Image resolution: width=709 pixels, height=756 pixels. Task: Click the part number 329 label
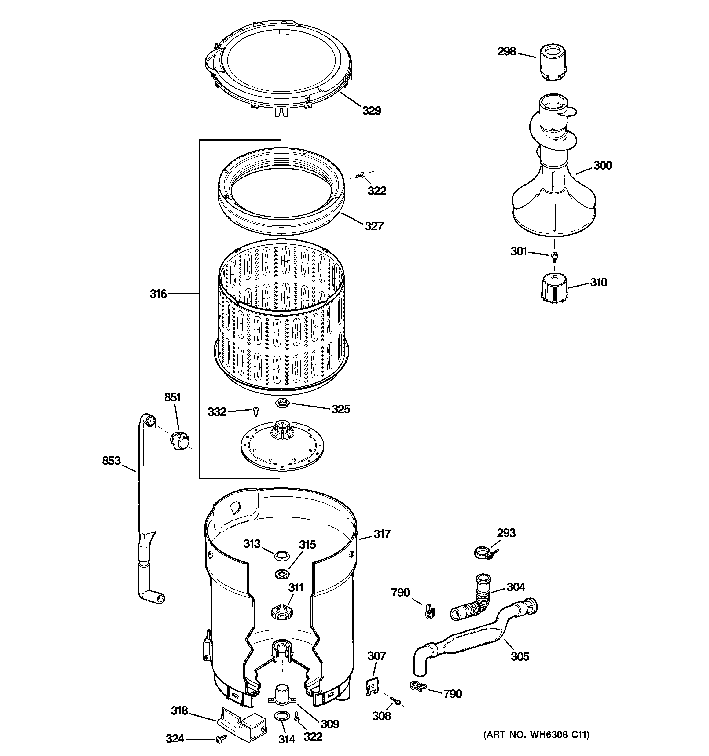(371, 111)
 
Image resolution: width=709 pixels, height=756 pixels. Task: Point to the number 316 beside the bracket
(158, 294)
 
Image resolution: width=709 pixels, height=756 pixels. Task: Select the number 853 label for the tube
(111, 461)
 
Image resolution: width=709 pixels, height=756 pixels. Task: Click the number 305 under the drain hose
(520, 656)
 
